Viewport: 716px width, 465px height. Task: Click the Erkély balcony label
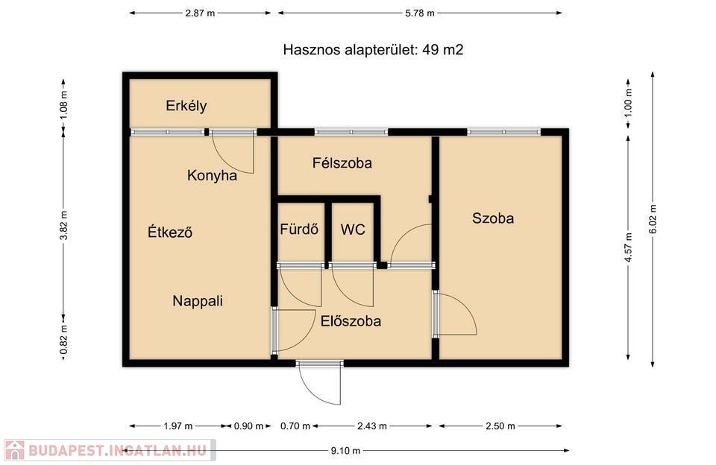(x=186, y=106)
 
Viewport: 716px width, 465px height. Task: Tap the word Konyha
(x=212, y=176)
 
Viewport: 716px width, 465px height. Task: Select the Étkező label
(x=170, y=232)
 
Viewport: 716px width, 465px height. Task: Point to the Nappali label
(x=198, y=301)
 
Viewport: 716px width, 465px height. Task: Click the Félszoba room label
(x=342, y=163)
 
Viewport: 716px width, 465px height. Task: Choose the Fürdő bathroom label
(x=299, y=229)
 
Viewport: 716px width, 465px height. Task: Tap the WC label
(x=353, y=229)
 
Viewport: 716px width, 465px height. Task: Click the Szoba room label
(x=493, y=218)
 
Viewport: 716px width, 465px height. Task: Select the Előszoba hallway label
(x=351, y=320)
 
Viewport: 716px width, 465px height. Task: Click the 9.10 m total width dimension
(x=345, y=451)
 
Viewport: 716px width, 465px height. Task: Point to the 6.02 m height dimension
(x=653, y=219)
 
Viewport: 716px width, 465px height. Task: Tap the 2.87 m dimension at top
(x=200, y=13)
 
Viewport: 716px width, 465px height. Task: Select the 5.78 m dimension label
(x=420, y=13)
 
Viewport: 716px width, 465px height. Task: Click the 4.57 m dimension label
(x=628, y=247)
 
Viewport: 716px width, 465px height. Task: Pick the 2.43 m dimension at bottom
(x=371, y=426)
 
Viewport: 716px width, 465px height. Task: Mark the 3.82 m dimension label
(x=63, y=226)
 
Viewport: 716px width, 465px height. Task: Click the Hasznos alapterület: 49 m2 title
(x=373, y=49)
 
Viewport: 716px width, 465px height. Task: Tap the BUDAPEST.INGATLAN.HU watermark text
(x=118, y=451)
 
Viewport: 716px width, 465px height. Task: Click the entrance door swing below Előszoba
(x=320, y=385)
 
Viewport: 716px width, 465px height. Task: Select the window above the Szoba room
(x=504, y=132)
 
